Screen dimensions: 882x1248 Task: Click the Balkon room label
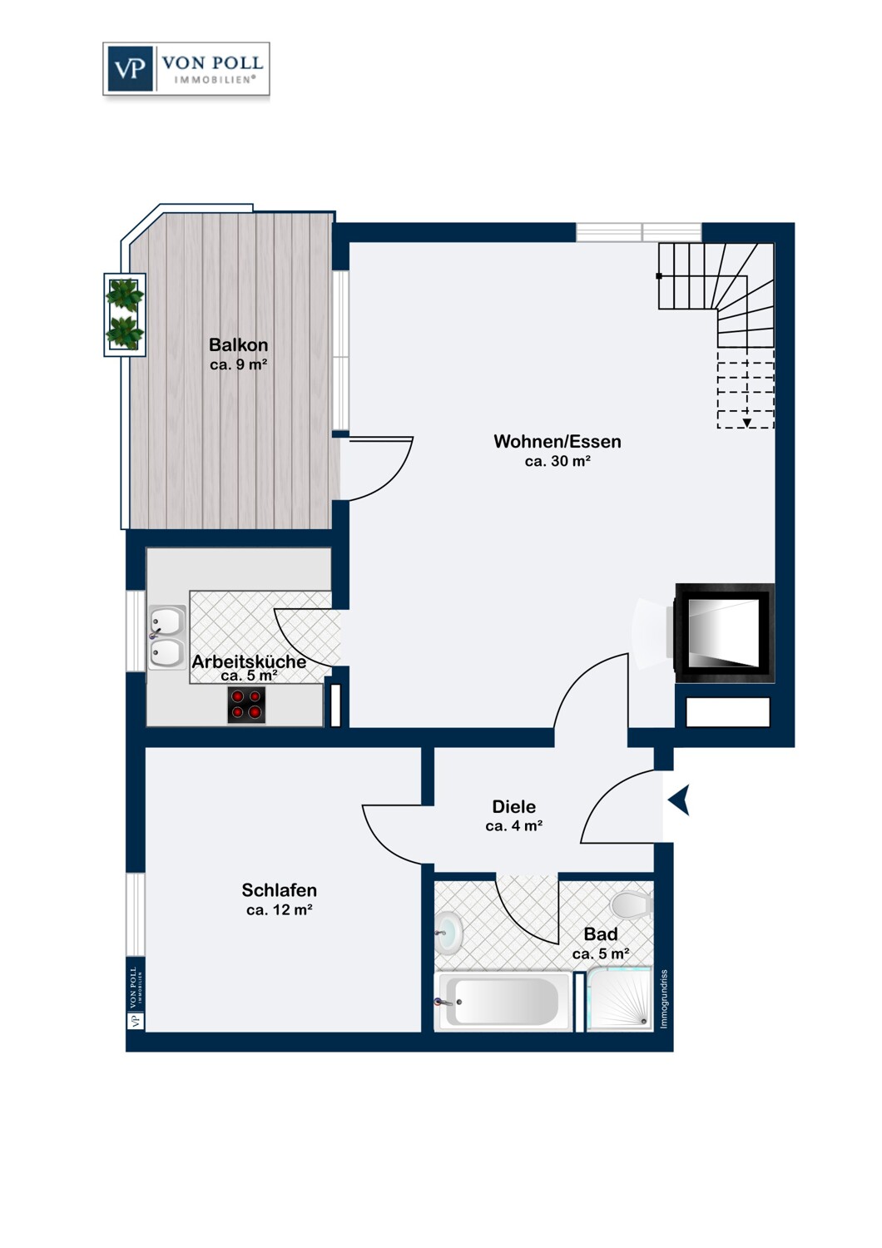tap(238, 345)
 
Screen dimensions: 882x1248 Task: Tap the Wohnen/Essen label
tap(557, 441)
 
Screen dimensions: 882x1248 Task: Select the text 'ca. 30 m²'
tap(557, 461)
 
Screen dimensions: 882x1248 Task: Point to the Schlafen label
tap(279, 889)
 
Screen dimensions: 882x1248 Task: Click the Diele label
tap(513, 806)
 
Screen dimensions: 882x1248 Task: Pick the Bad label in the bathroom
tap(601, 934)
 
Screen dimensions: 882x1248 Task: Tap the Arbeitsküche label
tap(249, 662)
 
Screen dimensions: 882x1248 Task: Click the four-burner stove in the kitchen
tap(246, 705)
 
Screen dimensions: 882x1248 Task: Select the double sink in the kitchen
tap(167, 636)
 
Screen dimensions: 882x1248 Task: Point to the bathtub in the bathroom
tap(502, 1001)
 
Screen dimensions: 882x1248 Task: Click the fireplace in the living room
tap(724, 633)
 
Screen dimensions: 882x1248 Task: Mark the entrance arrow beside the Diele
tap(679, 800)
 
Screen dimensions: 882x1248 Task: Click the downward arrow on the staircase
tap(746, 423)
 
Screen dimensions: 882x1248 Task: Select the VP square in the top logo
tap(130, 68)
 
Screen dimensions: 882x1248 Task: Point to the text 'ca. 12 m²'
tap(279, 910)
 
